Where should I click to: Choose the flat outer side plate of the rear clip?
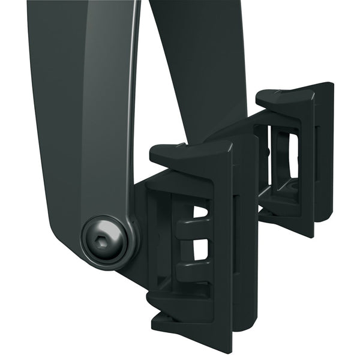[324, 156]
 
